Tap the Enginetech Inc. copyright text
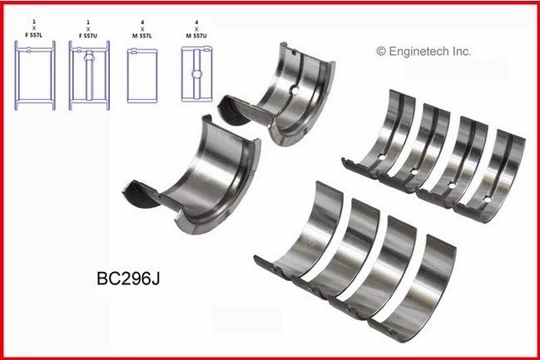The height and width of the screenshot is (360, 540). (424, 51)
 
